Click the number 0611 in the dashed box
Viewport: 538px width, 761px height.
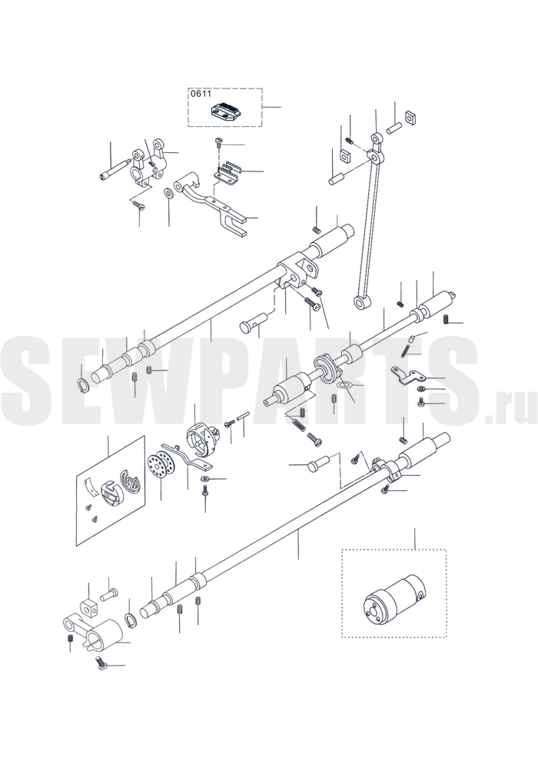[199, 95]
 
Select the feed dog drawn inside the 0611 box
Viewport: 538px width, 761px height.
[224, 110]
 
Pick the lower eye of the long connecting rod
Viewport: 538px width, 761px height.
[361, 303]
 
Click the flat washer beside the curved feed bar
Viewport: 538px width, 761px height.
[168, 193]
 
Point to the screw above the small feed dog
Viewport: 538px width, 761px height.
[218, 142]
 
